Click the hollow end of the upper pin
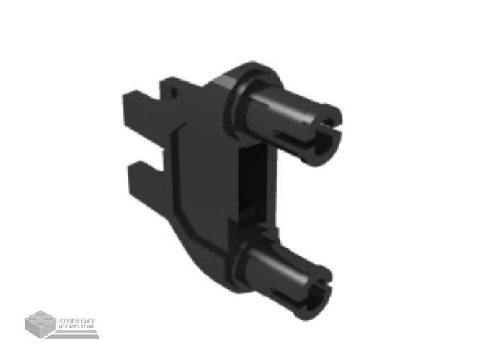326,137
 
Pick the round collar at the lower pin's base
242,263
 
